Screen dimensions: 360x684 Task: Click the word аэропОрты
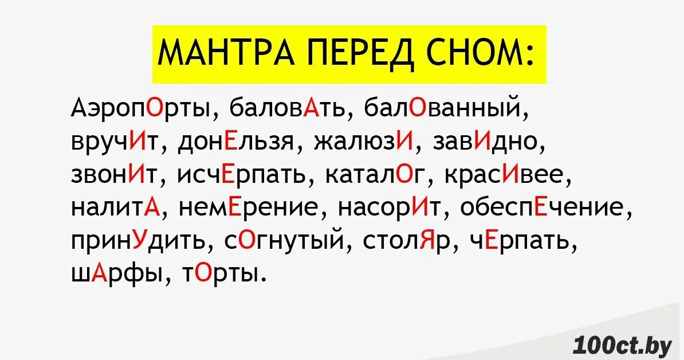point(141,109)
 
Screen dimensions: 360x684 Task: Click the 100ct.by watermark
point(623,345)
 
